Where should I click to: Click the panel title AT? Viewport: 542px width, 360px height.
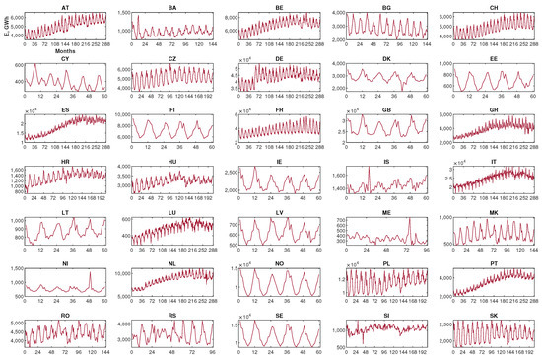click(x=65, y=7)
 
